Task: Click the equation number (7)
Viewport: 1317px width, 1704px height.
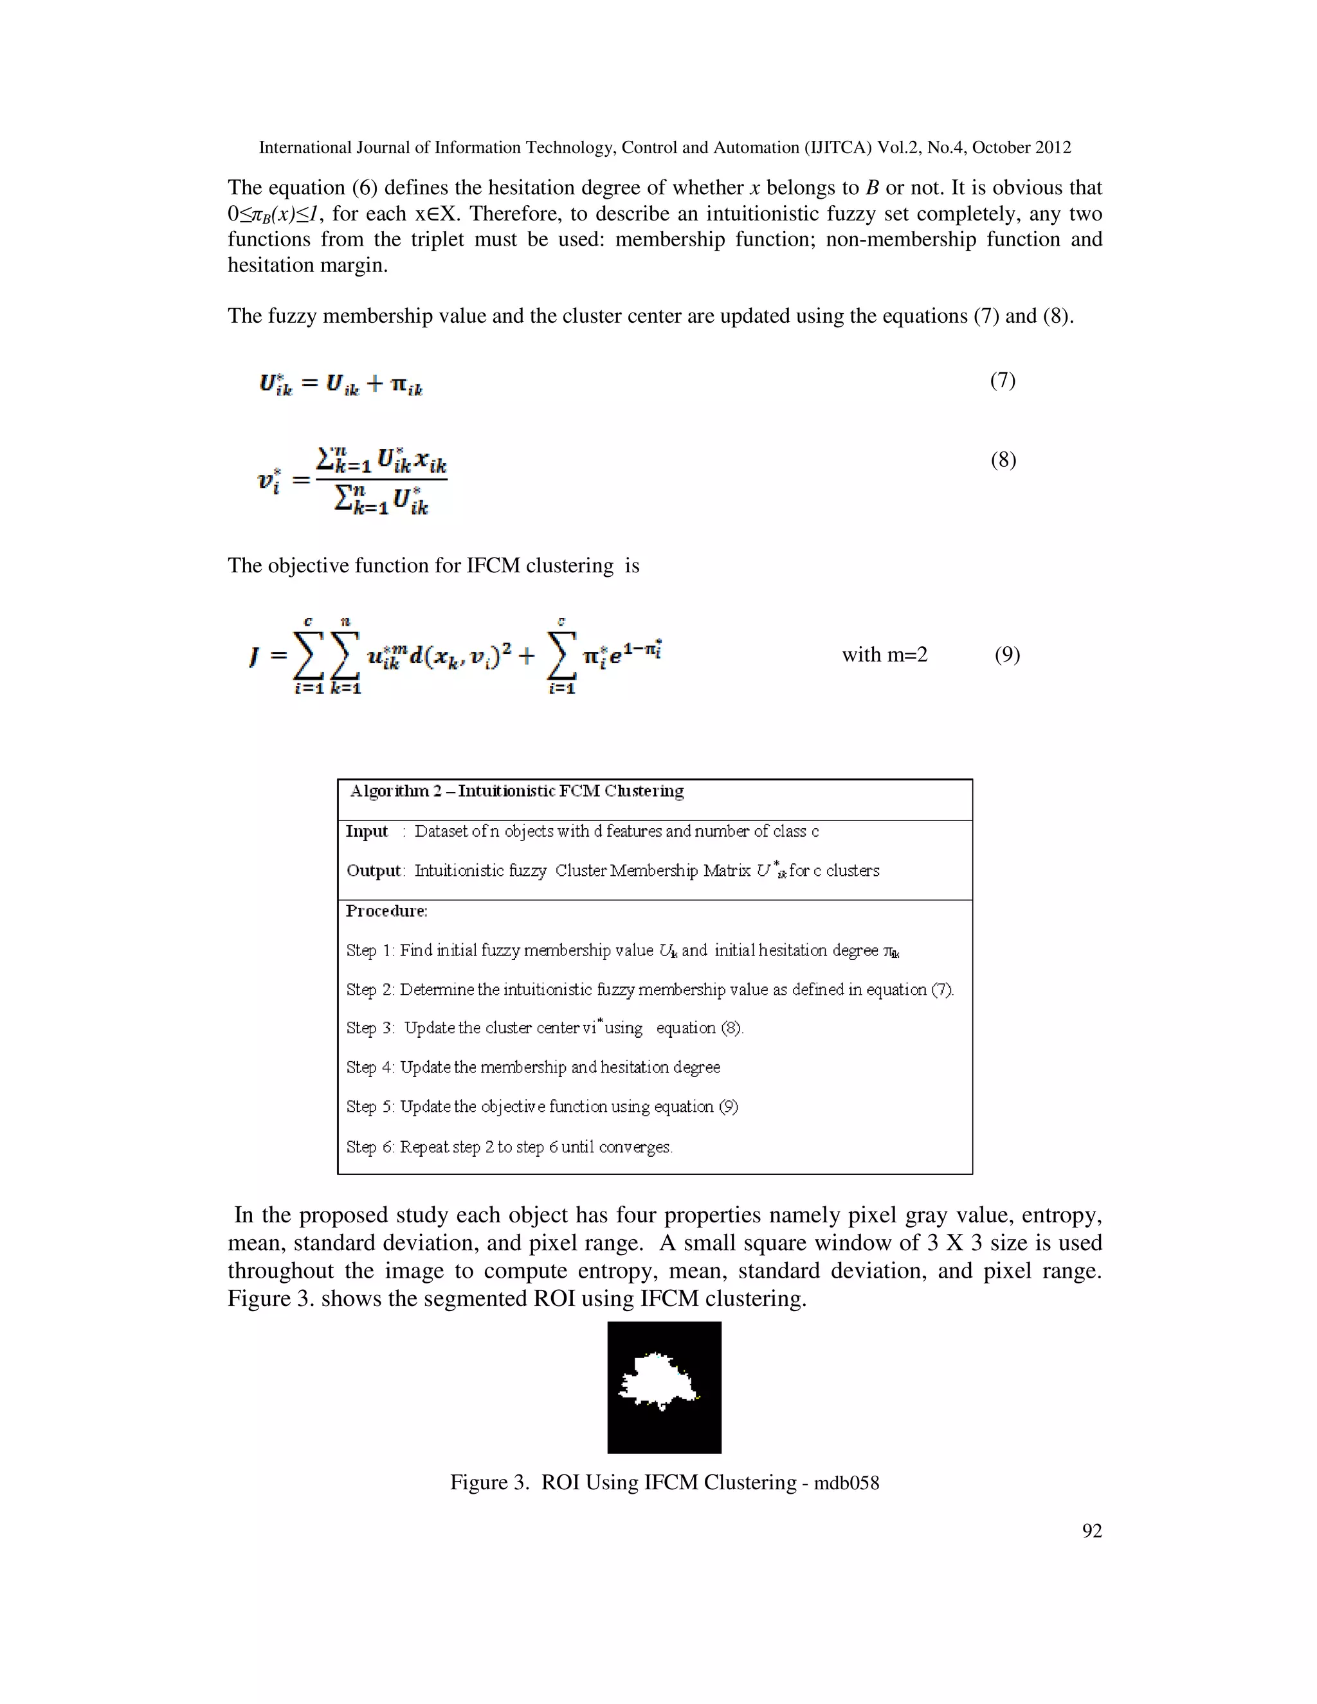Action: point(1003,381)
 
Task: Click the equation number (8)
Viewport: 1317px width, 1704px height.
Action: point(1003,460)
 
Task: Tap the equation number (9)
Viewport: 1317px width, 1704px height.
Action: point(1006,655)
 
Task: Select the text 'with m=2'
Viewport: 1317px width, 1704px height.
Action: point(884,655)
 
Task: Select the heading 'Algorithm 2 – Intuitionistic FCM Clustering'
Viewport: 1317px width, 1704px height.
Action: point(516,791)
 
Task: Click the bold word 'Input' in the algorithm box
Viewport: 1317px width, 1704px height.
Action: point(367,831)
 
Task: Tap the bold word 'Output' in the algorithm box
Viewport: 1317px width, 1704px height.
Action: point(374,871)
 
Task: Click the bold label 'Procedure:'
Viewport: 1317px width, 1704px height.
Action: point(386,911)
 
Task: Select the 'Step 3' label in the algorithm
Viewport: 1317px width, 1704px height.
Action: point(370,1028)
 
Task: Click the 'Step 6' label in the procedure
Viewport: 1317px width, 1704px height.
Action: point(370,1147)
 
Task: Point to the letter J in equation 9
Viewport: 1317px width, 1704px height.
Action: point(253,657)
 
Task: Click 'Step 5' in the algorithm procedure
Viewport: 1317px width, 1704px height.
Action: point(370,1107)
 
